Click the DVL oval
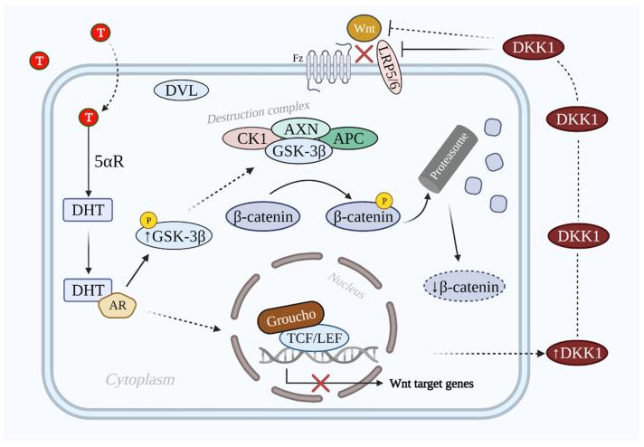(x=182, y=90)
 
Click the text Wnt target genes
(x=431, y=384)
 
